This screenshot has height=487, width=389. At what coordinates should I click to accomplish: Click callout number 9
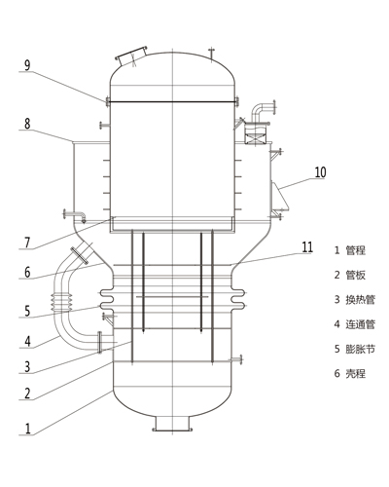pyautogui.click(x=27, y=65)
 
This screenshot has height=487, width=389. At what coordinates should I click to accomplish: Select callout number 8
pyautogui.click(x=27, y=124)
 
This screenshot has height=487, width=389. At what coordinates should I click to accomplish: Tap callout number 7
pyautogui.click(x=27, y=243)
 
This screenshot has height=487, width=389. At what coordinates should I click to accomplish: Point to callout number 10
pyautogui.click(x=320, y=172)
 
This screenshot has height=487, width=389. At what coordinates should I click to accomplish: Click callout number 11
pyautogui.click(x=307, y=247)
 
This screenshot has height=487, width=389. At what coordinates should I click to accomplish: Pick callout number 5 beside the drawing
pyautogui.click(x=27, y=311)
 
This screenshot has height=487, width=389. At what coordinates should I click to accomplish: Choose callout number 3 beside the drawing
pyautogui.click(x=27, y=367)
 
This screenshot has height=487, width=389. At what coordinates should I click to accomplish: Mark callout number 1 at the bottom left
pyautogui.click(x=28, y=429)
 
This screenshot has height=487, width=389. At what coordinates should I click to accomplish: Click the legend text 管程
pyautogui.click(x=356, y=250)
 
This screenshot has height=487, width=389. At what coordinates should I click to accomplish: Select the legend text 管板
pyautogui.click(x=356, y=275)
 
